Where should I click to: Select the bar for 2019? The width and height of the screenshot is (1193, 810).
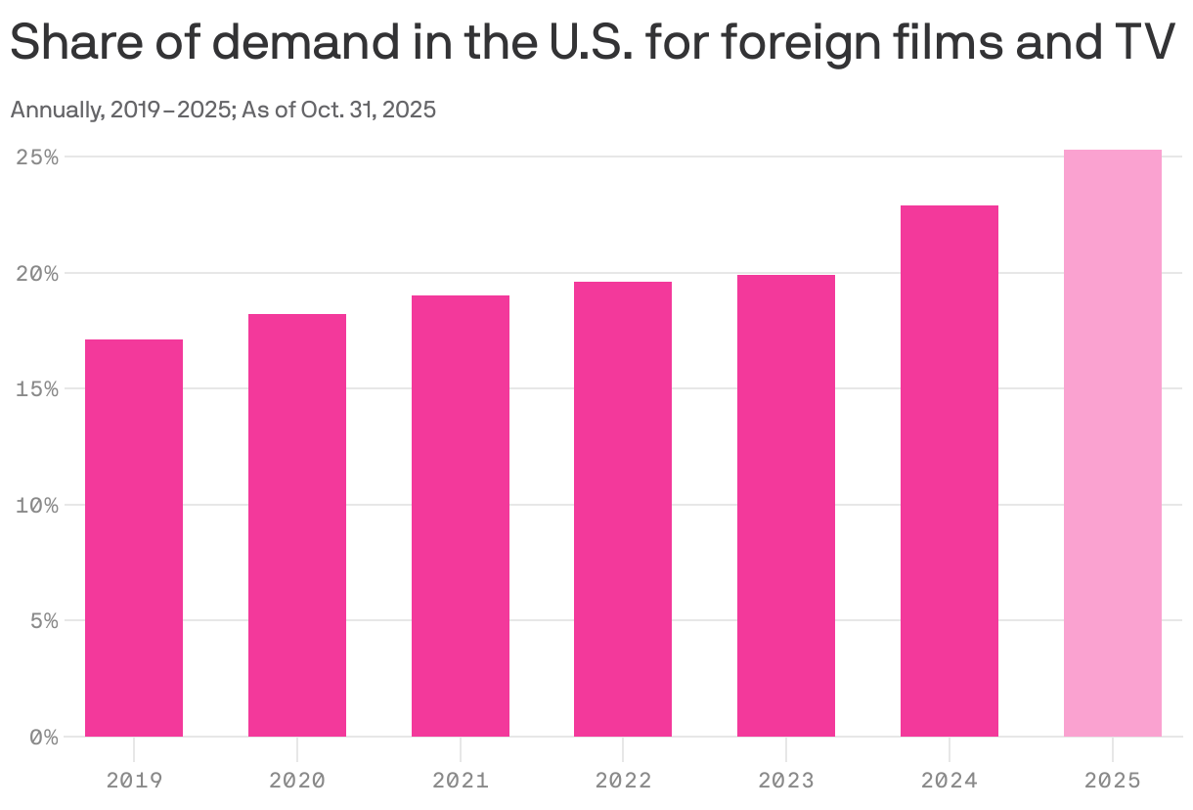(x=134, y=538)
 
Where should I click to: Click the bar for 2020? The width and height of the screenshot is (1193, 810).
(x=297, y=525)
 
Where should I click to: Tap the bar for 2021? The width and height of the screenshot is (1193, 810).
(x=460, y=516)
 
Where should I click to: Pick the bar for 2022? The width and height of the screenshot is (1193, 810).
(x=623, y=509)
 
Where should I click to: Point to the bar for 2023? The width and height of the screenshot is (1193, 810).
(x=786, y=506)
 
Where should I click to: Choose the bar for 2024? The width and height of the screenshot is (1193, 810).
(x=949, y=471)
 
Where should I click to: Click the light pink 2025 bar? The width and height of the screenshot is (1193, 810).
(x=1112, y=443)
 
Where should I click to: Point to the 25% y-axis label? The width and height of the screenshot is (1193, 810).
(x=37, y=157)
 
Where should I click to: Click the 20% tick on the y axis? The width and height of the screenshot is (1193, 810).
(x=37, y=273)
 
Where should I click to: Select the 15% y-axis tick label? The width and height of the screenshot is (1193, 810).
(x=37, y=389)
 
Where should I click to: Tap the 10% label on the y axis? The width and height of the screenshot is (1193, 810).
(x=37, y=505)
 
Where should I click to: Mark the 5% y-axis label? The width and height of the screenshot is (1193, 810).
(x=43, y=621)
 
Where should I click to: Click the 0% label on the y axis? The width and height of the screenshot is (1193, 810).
(x=43, y=737)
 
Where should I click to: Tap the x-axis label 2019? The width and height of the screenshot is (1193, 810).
(x=134, y=781)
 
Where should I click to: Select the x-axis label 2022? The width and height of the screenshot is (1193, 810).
(x=623, y=781)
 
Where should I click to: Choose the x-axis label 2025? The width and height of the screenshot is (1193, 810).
(x=1112, y=781)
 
